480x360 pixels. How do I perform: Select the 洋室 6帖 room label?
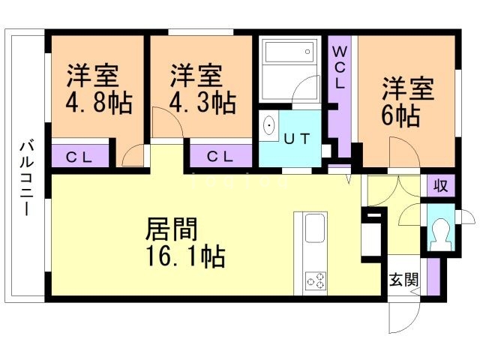pyautogui.click(x=406, y=102)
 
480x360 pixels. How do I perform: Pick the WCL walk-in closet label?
pyautogui.click(x=339, y=67)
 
